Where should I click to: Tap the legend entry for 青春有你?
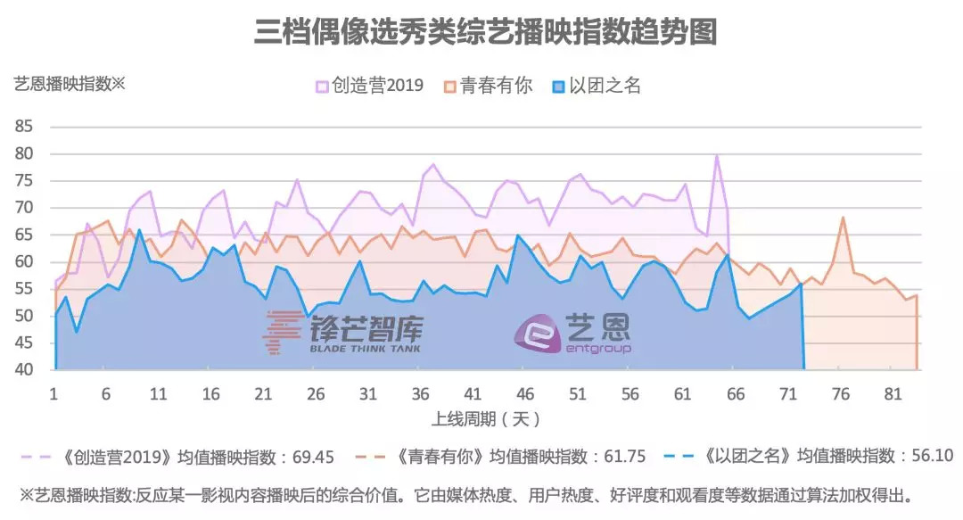point(489,86)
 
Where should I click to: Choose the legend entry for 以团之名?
point(597,86)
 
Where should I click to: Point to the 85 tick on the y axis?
point(24,127)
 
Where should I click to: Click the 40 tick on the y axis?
point(24,370)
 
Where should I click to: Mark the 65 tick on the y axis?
point(24,235)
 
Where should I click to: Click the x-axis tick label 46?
point(525,394)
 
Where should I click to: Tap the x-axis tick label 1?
point(54,394)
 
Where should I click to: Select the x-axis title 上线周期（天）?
point(486,418)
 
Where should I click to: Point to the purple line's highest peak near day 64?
point(716,156)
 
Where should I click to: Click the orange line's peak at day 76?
point(842,218)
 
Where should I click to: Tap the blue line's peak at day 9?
point(139,230)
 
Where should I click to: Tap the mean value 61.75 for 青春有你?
point(614,457)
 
